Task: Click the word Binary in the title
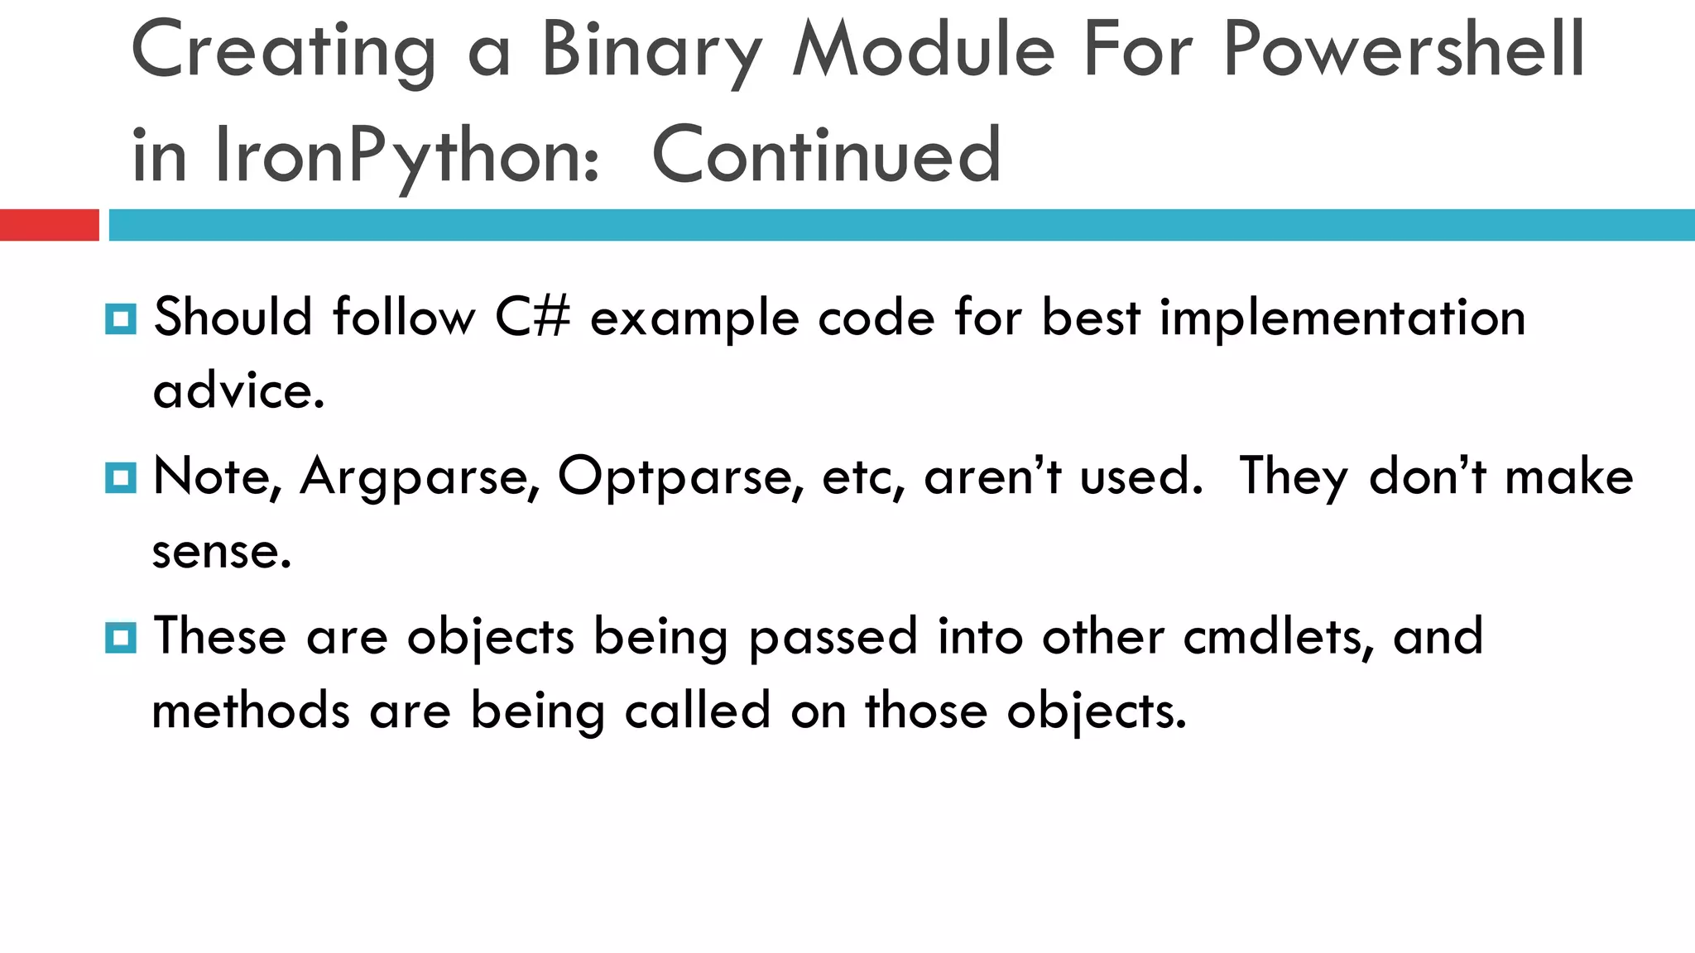pos(651,51)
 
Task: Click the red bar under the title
pos(49,225)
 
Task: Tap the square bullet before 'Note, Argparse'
pos(121,478)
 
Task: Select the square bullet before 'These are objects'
pos(121,638)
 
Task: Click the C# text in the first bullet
pos(532,318)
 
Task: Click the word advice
pos(238,390)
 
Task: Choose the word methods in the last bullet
pos(251,711)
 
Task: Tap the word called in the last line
pos(697,711)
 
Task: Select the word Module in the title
pos(924,51)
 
